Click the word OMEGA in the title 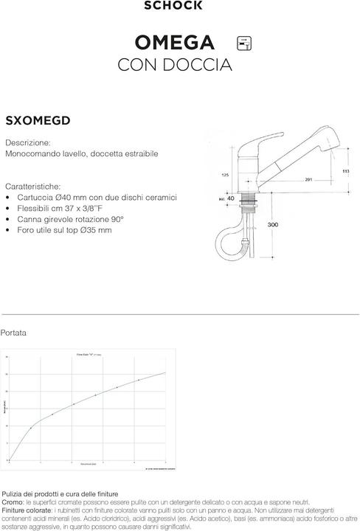pyautogui.click(x=175, y=41)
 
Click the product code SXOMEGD pyautogui.click(x=38, y=121)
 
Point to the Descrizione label pyautogui.click(x=28, y=142)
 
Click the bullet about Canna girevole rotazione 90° pyautogui.click(x=69, y=220)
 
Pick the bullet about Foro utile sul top pyautogui.click(x=63, y=230)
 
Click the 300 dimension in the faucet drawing pyautogui.click(x=273, y=224)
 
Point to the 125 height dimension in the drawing pyautogui.click(x=224, y=176)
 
